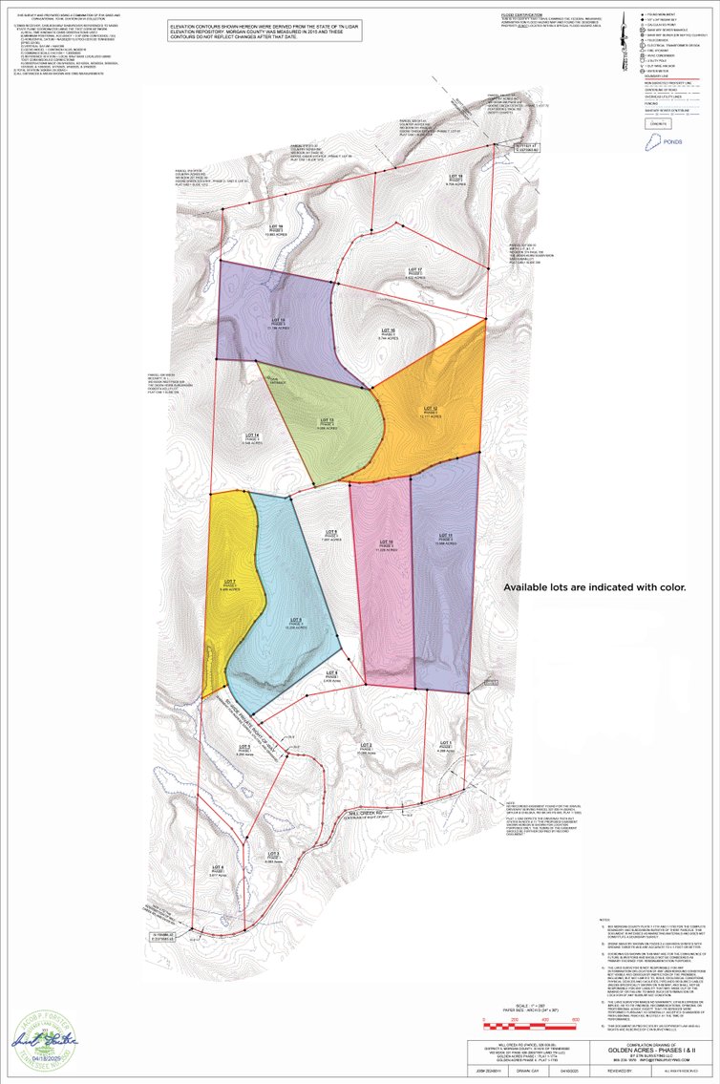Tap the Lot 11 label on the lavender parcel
443,537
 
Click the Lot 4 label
218,870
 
